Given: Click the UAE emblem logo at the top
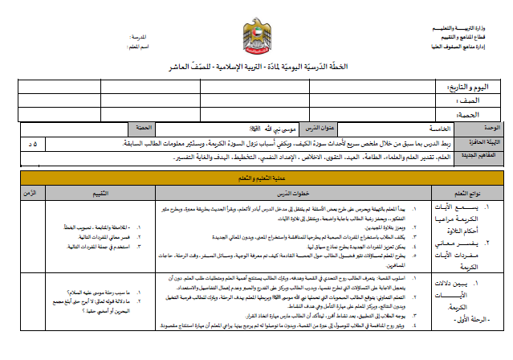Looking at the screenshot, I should coord(257,37).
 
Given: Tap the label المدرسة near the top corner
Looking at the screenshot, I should coord(141,38).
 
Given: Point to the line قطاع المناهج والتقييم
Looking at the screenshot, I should coord(472,37).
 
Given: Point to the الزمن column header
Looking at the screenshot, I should coord(32,193).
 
